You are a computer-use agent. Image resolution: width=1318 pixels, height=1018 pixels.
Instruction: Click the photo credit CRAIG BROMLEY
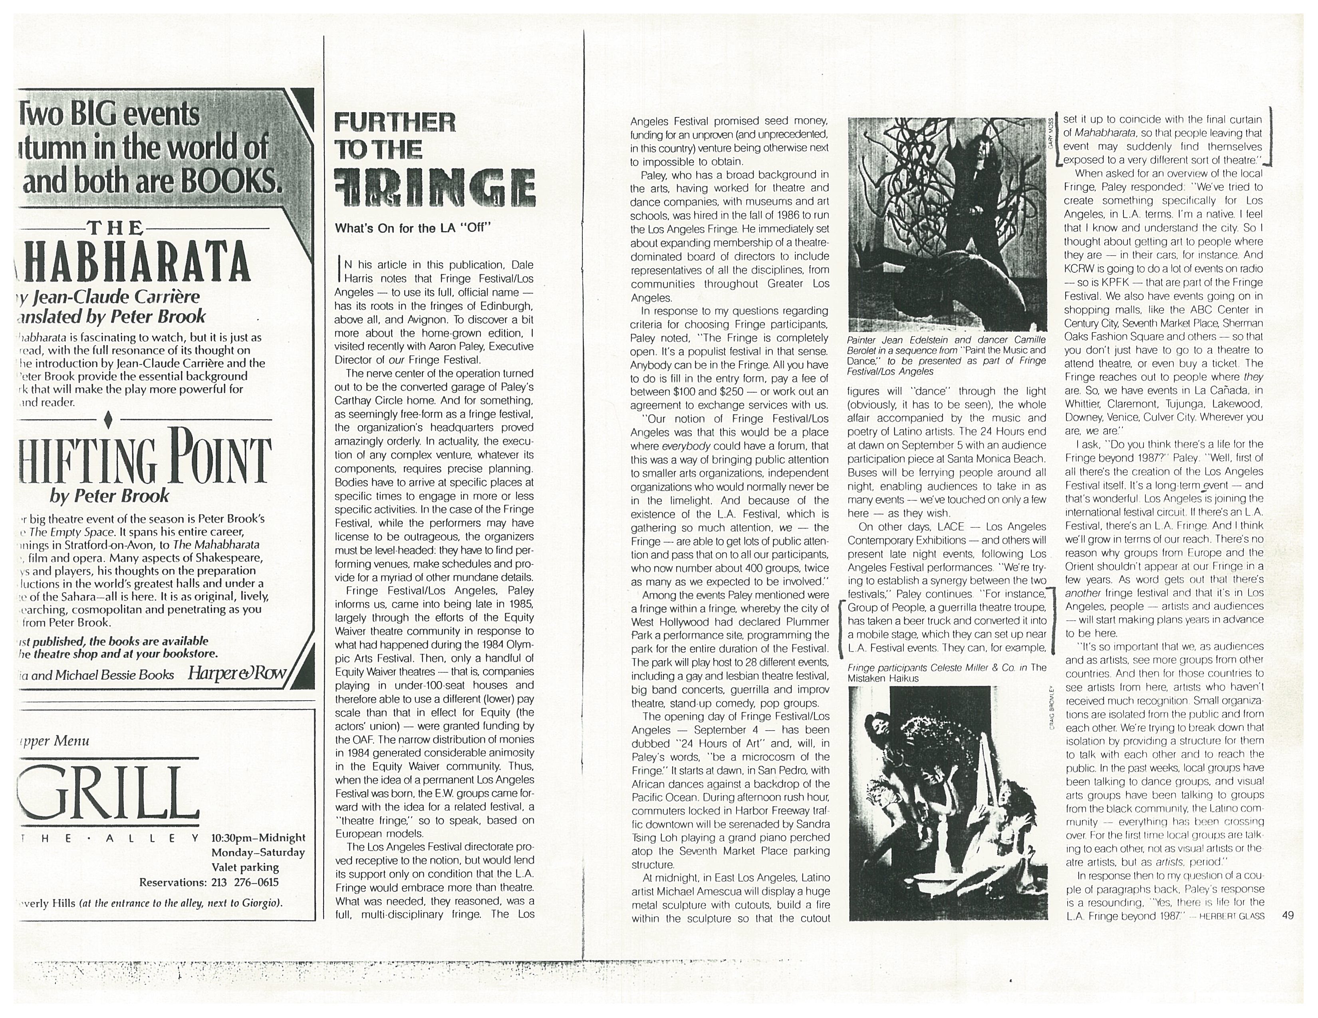(x=1052, y=709)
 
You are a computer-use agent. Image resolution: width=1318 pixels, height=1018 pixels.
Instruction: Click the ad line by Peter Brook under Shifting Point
(x=109, y=496)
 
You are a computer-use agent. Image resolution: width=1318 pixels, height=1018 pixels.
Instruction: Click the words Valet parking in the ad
(x=245, y=868)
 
